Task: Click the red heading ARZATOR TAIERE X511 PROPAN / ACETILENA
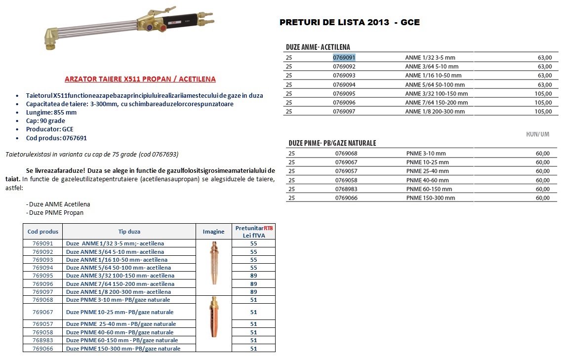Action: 140,79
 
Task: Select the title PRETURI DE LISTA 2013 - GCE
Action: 349,22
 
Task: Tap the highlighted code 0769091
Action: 344,57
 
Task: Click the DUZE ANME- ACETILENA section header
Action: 318,47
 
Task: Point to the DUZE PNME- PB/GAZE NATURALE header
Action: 332,143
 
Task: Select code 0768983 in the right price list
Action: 346,189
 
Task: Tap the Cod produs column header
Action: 43,232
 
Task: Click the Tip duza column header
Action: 129,232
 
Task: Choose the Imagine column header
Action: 213,232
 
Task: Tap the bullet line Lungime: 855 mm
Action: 51,112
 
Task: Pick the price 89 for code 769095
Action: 253,276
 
